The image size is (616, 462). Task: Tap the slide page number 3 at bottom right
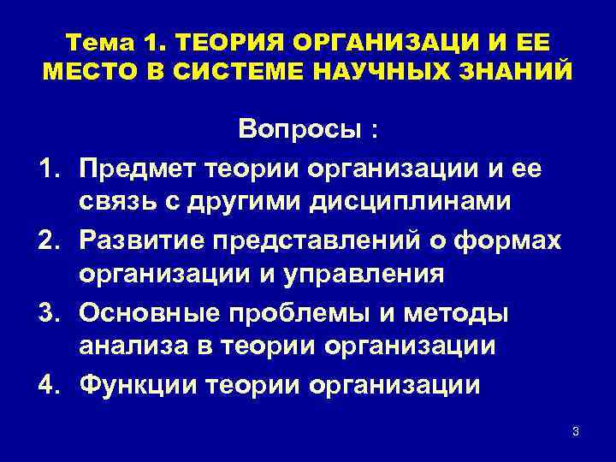pos(576,431)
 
